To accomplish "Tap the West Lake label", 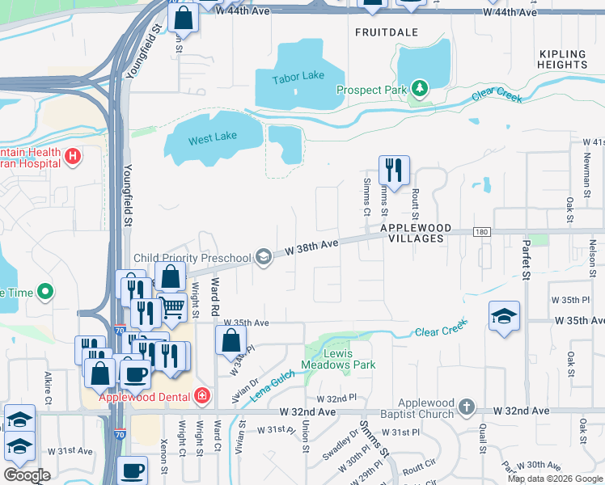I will (x=213, y=137).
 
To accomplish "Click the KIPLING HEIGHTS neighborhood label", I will (x=562, y=59).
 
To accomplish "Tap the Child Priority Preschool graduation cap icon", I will (x=263, y=258).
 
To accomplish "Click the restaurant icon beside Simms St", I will (x=394, y=170).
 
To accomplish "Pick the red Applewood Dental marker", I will (x=201, y=396).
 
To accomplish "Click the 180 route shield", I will (x=483, y=232).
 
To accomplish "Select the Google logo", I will (x=27, y=475).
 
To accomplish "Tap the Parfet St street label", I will (x=525, y=259).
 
